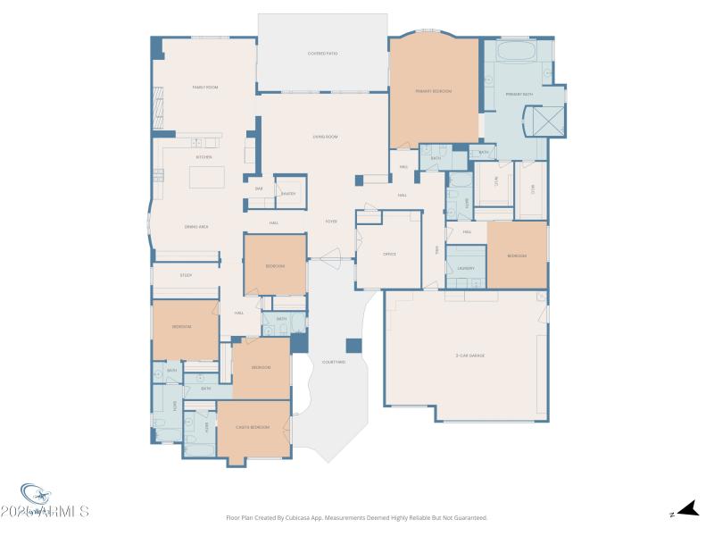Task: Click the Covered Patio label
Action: [x=322, y=54]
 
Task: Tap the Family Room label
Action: [x=205, y=87]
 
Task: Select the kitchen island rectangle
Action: [x=206, y=177]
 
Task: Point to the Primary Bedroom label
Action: [x=434, y=91]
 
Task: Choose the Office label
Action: [x=389, y=255]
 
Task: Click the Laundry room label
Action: [x=465, y=268]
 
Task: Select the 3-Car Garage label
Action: [x=469, y=356]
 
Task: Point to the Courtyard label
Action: [x=333, y=362]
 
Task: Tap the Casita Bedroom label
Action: [x=253, y=427]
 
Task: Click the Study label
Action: [x=186, y=275]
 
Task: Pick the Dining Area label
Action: [x=196, y=227]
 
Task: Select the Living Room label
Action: [x=324, y=137]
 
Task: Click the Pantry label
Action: [x=288, y=193]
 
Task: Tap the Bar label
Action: [x=259, y=188]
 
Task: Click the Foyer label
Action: [x=330, y=222]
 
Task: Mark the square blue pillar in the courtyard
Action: [x=353, y=346]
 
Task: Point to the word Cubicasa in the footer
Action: [x=305, y=517]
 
